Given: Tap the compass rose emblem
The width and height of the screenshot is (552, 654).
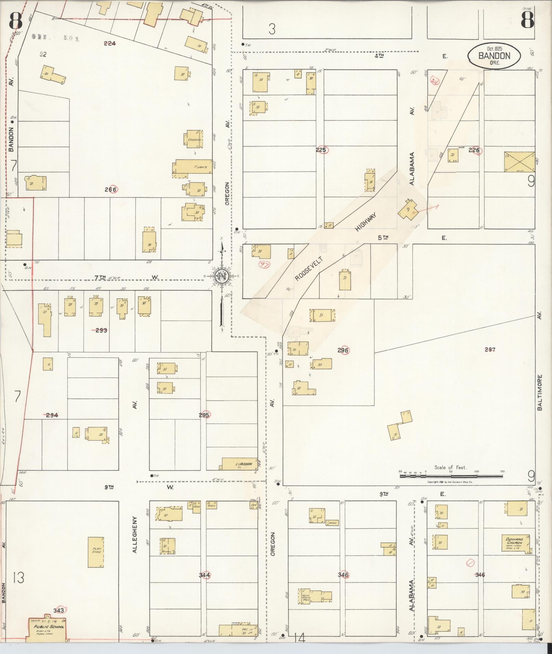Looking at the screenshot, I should coord(222,276).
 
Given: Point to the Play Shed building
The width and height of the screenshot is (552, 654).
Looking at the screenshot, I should coord(96,552).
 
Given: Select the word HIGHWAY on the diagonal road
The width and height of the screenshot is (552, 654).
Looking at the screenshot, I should coord(365,222).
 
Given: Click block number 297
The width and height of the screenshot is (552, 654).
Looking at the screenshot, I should coord(490,349).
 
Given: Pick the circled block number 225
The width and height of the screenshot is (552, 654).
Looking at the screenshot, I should coord(322,150).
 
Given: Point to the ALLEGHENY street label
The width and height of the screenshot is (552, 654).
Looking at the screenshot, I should coord(134,534).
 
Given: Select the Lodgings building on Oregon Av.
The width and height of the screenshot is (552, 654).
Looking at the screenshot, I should coord(194,139).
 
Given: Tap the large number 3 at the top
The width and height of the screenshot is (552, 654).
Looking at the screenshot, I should coord(272,29).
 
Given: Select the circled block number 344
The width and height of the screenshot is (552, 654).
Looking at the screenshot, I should coord(204,575).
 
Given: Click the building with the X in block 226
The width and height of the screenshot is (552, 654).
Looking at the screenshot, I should coord(519,161).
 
